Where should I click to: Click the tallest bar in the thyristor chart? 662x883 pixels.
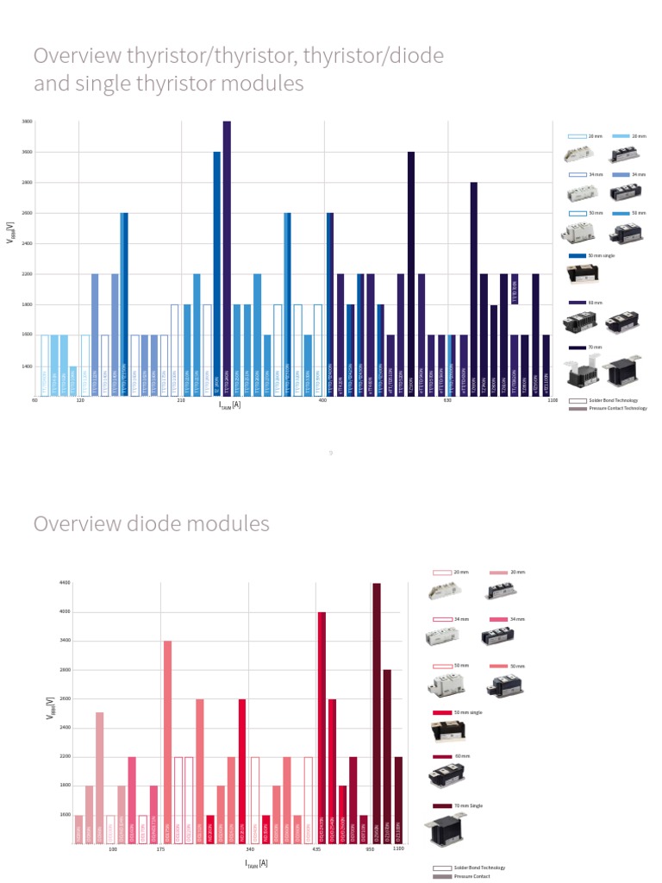[x=227, y=259]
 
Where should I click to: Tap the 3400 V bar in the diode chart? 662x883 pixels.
[x=167, y=742]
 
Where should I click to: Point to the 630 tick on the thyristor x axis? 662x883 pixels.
[x=447, y=401]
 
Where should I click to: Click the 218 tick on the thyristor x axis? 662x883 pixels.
[x=181, y=401]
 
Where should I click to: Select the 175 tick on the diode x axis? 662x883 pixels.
[x=161, y=849]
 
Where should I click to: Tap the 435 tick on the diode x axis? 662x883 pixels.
[x=317, y=849]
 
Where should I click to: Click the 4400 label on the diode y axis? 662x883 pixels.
[x=65, y=584]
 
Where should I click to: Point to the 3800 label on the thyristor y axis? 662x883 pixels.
[x=27, y=122]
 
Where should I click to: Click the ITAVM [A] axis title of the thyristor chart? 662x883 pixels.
[x=229, y=404]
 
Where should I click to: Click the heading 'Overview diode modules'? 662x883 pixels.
[x=151, y=523]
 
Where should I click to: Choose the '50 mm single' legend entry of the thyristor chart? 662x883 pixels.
[x=594, y=256]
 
